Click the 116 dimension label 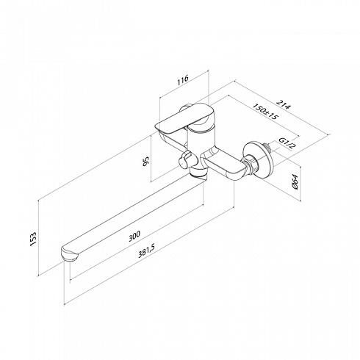183,80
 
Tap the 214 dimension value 284,104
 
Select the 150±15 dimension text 265,112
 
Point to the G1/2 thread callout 287,143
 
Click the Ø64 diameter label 295,182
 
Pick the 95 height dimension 146,162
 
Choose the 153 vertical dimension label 33,239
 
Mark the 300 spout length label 134,236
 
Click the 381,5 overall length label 146,251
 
